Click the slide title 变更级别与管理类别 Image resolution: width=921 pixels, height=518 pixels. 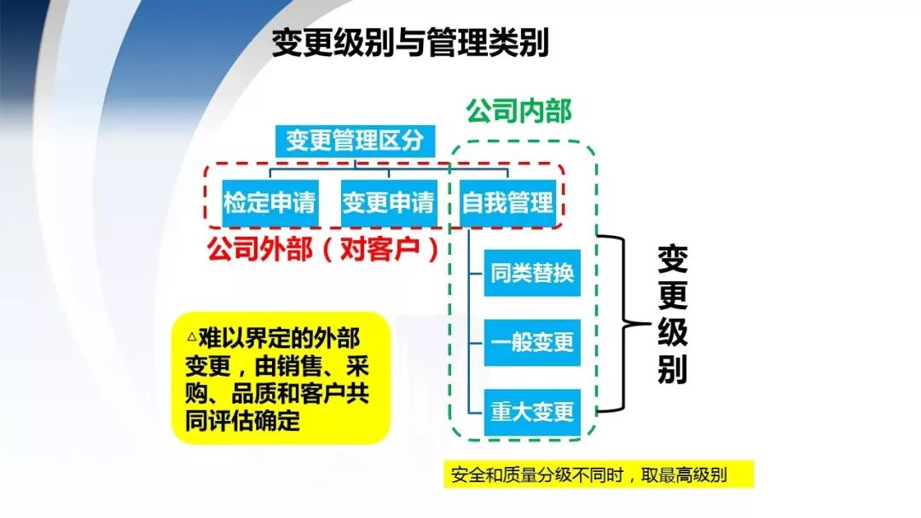point(410,43)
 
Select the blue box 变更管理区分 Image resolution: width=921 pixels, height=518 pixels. point(354,141)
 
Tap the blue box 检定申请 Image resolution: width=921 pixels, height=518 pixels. point(269,204)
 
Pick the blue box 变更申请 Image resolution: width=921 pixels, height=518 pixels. point(388,204)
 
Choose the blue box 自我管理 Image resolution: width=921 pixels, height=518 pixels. point(507,204)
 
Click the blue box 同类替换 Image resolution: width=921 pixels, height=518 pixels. point(532,273)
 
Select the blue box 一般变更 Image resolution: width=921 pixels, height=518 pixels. point(532,342)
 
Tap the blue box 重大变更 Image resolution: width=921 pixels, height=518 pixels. point(532,412)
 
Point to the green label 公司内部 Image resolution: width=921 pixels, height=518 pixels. point(518,110)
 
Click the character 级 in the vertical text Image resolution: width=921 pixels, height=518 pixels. point(672,332)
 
